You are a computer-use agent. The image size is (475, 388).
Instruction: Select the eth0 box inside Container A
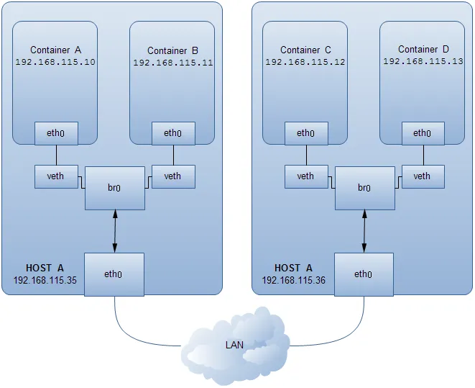56,133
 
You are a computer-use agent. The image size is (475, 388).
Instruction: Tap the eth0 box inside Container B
172,133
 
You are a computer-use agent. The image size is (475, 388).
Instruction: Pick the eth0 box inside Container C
305,133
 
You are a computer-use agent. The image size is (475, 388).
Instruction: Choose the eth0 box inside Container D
422,132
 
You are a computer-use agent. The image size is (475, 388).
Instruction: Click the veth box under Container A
56,176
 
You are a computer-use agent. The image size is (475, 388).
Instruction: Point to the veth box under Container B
172,176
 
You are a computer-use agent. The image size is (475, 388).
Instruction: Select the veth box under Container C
305,176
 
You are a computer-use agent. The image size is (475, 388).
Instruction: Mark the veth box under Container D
422,176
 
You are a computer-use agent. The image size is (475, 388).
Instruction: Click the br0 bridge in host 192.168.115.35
115,188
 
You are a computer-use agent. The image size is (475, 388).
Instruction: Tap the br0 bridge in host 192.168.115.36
364,188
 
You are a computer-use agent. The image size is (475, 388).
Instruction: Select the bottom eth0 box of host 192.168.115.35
114,274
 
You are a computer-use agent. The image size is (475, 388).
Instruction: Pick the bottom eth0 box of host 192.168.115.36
364,274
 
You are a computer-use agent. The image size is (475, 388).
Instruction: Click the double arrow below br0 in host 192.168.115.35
114,231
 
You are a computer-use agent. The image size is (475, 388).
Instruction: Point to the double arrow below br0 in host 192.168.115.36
364,231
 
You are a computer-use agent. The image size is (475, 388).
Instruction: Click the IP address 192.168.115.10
55,62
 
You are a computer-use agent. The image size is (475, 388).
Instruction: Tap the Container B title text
172,51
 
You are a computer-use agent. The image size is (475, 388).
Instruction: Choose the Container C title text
305,50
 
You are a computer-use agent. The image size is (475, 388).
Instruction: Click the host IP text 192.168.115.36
294,280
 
